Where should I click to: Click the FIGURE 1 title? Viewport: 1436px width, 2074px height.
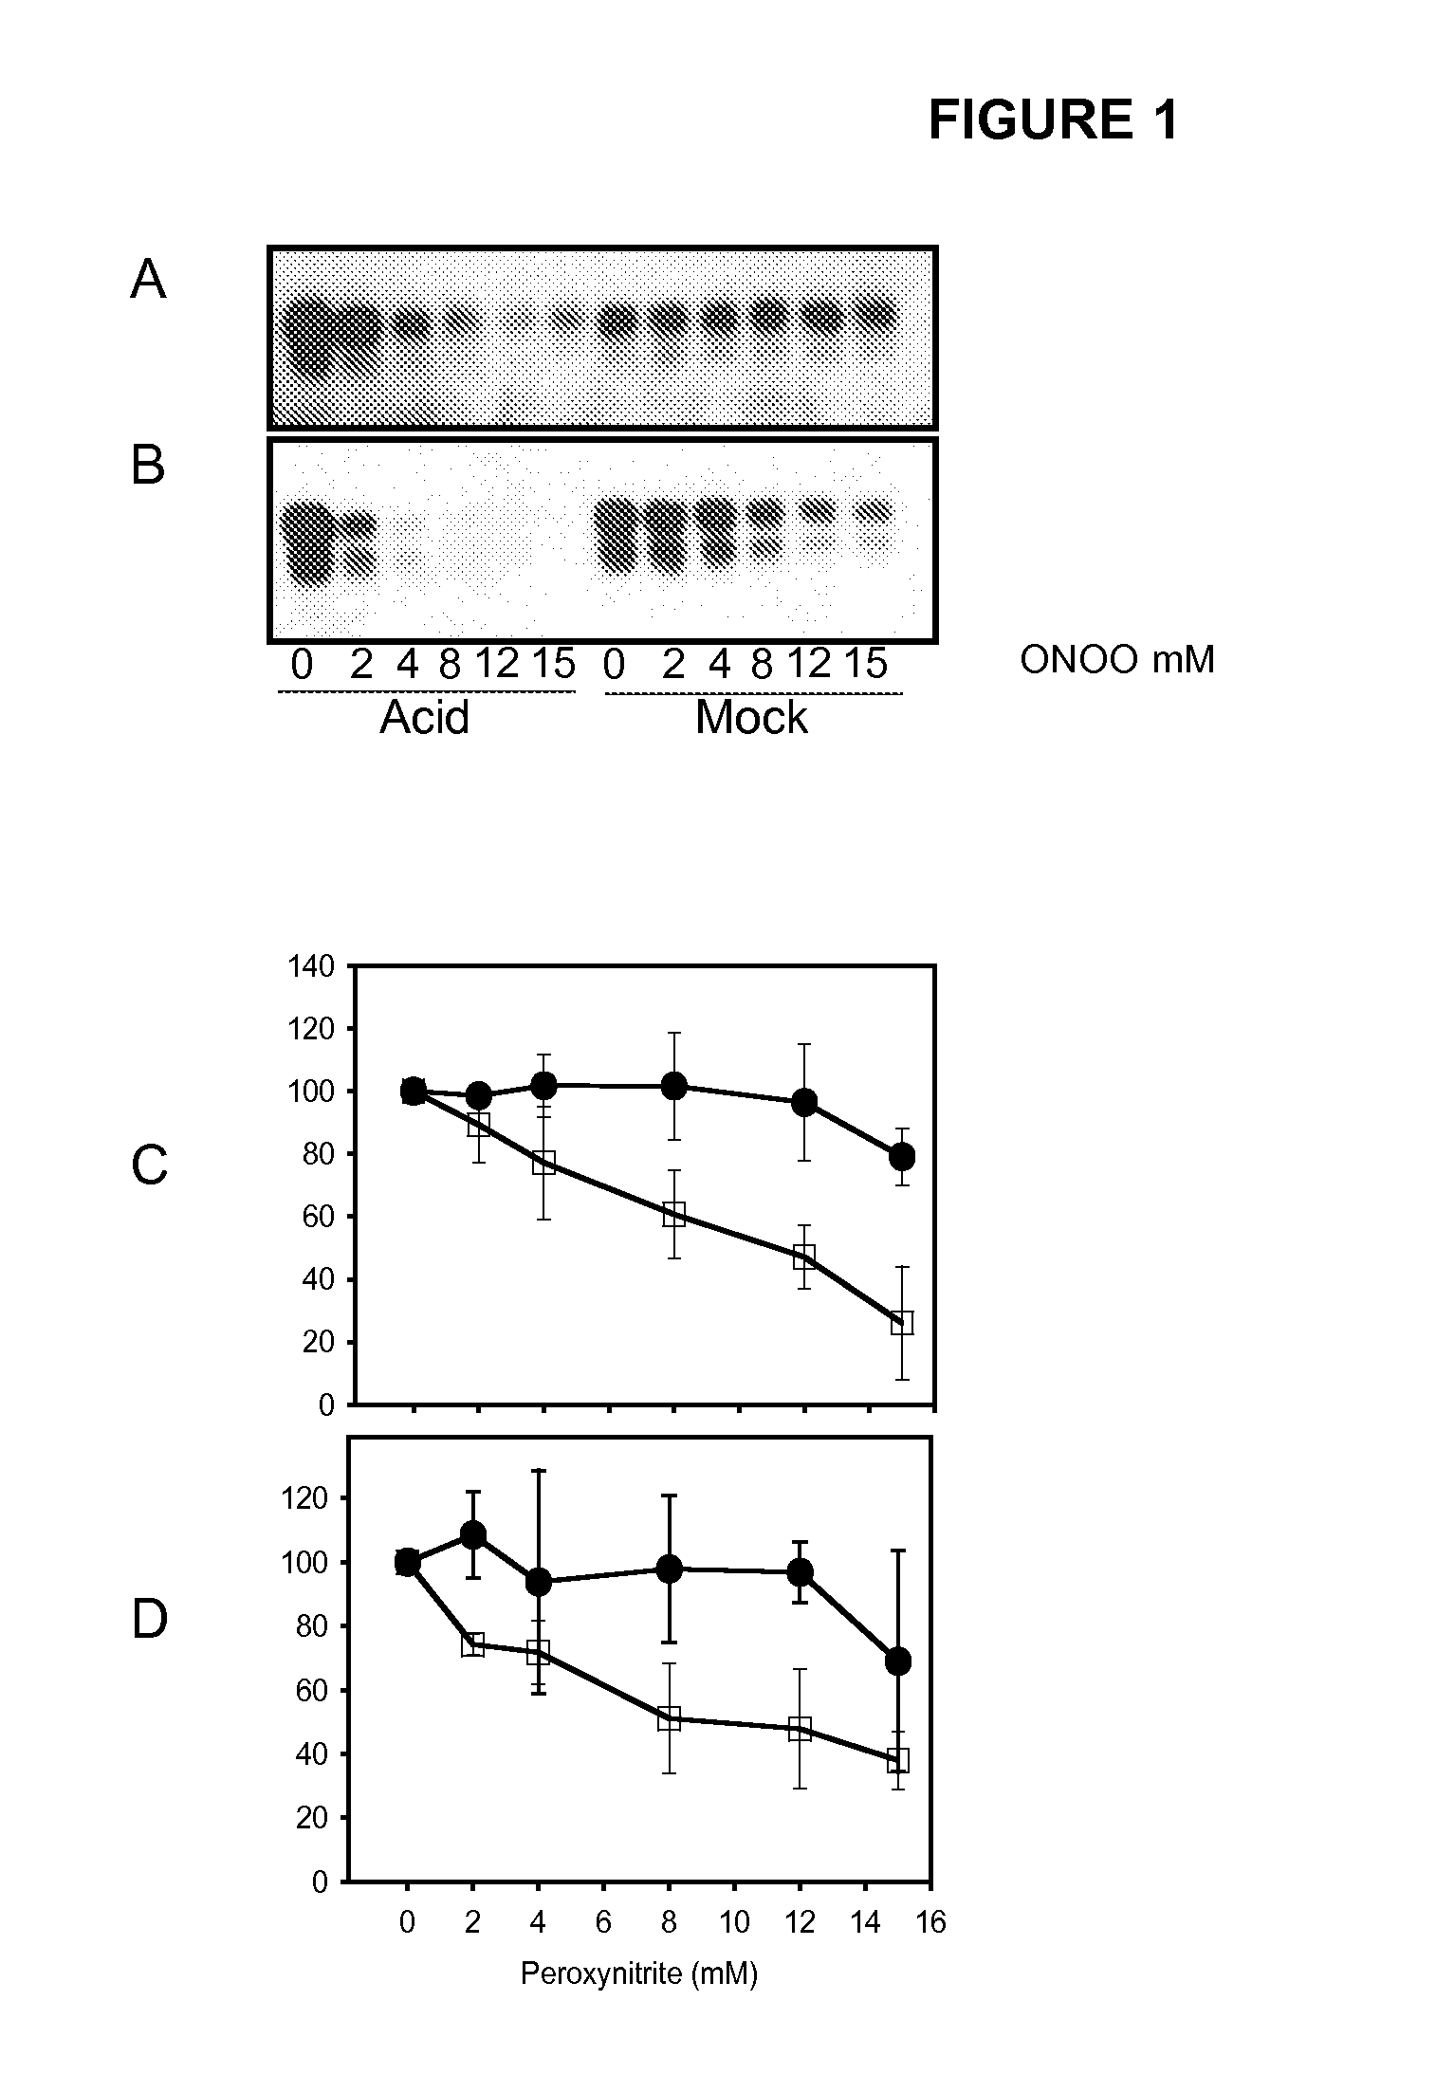[1053, 120]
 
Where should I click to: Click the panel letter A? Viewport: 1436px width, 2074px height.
[148, 281]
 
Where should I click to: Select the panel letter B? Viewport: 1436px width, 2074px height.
[148, 467]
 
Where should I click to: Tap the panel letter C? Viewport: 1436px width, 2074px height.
[149, 1165]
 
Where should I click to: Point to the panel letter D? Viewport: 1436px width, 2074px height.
[149, 1619]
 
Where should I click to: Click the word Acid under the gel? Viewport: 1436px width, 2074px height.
[424, 718]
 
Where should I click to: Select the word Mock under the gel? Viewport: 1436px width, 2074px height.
[751, 718]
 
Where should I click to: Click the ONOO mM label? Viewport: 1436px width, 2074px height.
[1116, 660]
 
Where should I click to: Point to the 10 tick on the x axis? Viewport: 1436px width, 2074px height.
[734, 1922]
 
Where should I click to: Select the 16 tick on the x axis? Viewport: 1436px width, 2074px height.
[931, 1922]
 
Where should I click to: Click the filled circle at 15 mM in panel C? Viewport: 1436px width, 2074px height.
[901, 1156]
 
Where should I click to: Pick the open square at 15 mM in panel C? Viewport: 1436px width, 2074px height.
[901, 1323]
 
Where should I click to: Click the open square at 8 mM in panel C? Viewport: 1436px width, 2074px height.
[673, 1215]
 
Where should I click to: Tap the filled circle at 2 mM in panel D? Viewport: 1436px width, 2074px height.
[472, 1534]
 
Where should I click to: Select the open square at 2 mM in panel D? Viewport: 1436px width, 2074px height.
[472, 1644]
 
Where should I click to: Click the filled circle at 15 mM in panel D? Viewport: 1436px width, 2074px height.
[898, 1661]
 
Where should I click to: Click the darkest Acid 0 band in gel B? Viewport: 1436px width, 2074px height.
[308, 545]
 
